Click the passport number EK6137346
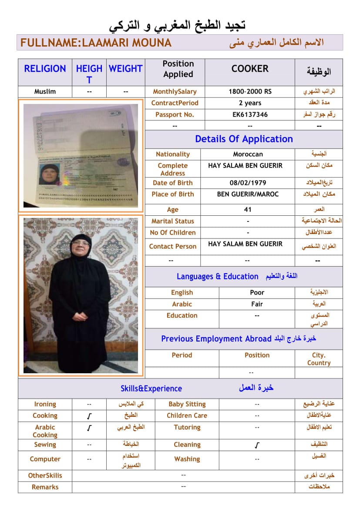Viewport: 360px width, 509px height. tap(250, 114)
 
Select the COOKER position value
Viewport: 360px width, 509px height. tap(250, 69)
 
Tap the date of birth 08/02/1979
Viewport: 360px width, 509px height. tap(248, 183)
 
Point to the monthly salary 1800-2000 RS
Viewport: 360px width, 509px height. tap(250, 91)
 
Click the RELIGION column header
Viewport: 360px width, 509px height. tap(45, 69)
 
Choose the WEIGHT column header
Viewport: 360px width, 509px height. tap(125, 69)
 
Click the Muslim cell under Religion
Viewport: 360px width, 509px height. tap(45, 91)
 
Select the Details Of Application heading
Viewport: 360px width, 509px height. tap(244, 139)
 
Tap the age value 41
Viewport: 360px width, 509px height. tap(248, 209)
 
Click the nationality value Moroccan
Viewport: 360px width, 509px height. tap(248, 154)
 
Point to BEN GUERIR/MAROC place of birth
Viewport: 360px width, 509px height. tap(248, 194)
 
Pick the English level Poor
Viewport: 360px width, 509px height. tap(257, 292)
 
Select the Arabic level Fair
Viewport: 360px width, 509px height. tap(257, 304)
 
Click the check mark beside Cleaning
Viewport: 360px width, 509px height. tap(257, 445)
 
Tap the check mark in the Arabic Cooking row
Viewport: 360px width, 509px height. tap(89, 428)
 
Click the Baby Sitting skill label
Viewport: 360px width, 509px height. tap(187, 404)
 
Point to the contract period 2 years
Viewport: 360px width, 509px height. tap(250, 103)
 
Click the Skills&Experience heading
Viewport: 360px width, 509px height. tap(151, 388)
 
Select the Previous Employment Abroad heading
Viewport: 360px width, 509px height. tap(216, 339)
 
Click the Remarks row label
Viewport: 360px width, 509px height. tap(45, 487)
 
